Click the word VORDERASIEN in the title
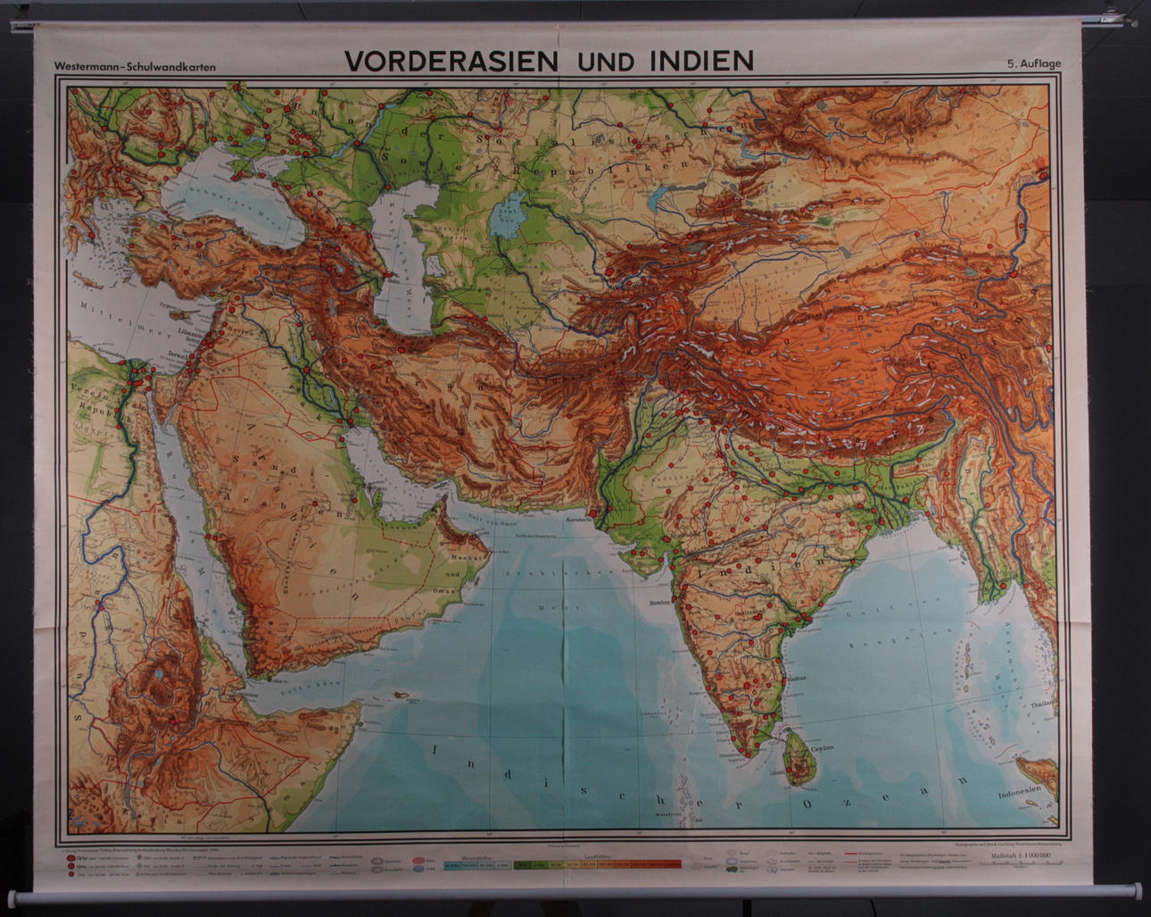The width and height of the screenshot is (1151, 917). (x=451, y=61)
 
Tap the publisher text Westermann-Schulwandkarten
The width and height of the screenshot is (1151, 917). (x=134, y=67)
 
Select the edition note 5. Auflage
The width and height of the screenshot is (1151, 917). (x=1034, y=63)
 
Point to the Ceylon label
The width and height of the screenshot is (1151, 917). (x=821, y=748)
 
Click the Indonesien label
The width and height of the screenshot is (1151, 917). (x=1019, y=791)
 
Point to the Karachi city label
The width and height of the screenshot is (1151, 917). (x=577, y=519)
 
